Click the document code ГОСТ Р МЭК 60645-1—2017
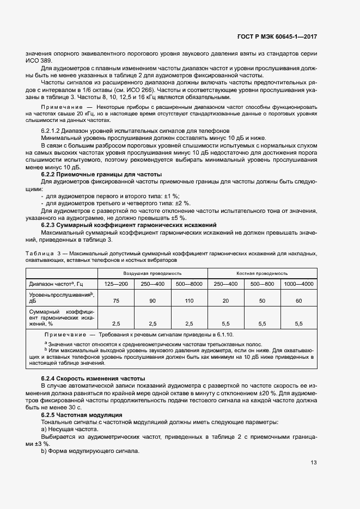pos(277,37)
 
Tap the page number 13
pos(313,463)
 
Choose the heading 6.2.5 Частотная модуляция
pos(82,415)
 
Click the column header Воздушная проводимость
pos(152,273)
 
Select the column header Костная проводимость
pos(262,273)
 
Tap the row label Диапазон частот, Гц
pos(55,284)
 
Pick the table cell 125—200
pos(116,284)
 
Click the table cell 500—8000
pos(189,284)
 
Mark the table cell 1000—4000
pos(298,284)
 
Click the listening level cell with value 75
pos(116,301)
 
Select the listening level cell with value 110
pos(189,301)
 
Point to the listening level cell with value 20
pos(225,301)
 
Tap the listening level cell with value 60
pos(298,301)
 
